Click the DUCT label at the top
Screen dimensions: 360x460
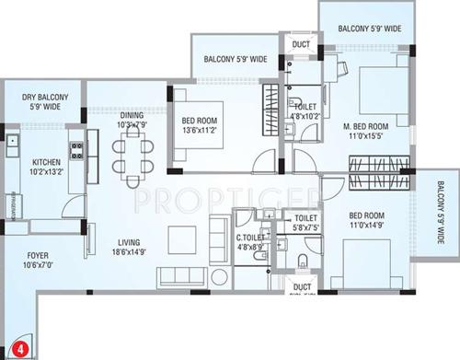(x=300, y=44)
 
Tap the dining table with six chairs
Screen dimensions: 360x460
(x=134, y=154)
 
